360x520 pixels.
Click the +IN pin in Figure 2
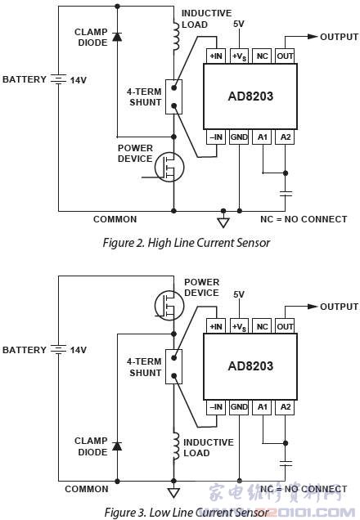click(216, 56)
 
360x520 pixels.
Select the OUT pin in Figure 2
click(285, 56)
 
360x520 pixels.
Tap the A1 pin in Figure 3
click(262, 406)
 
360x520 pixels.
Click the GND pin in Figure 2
click(239, 137)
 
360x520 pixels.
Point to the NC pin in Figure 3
click(262, 326)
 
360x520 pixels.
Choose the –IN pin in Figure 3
click(216, 406)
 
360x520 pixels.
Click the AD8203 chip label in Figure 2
click(250, 96)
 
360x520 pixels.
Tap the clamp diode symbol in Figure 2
click(117, 37)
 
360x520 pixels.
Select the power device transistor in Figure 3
click(169, 303)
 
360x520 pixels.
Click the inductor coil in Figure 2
click(173, 35)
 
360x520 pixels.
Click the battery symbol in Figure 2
click(58, 79)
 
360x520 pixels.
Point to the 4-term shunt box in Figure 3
click(173, 366)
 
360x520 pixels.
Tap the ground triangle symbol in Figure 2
click(222, 222)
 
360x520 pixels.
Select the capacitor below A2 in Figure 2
click(285, 194)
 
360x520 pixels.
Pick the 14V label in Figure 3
click(77, 350)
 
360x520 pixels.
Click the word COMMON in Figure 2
click(115, 219)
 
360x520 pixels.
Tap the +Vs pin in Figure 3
click(239, 326)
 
